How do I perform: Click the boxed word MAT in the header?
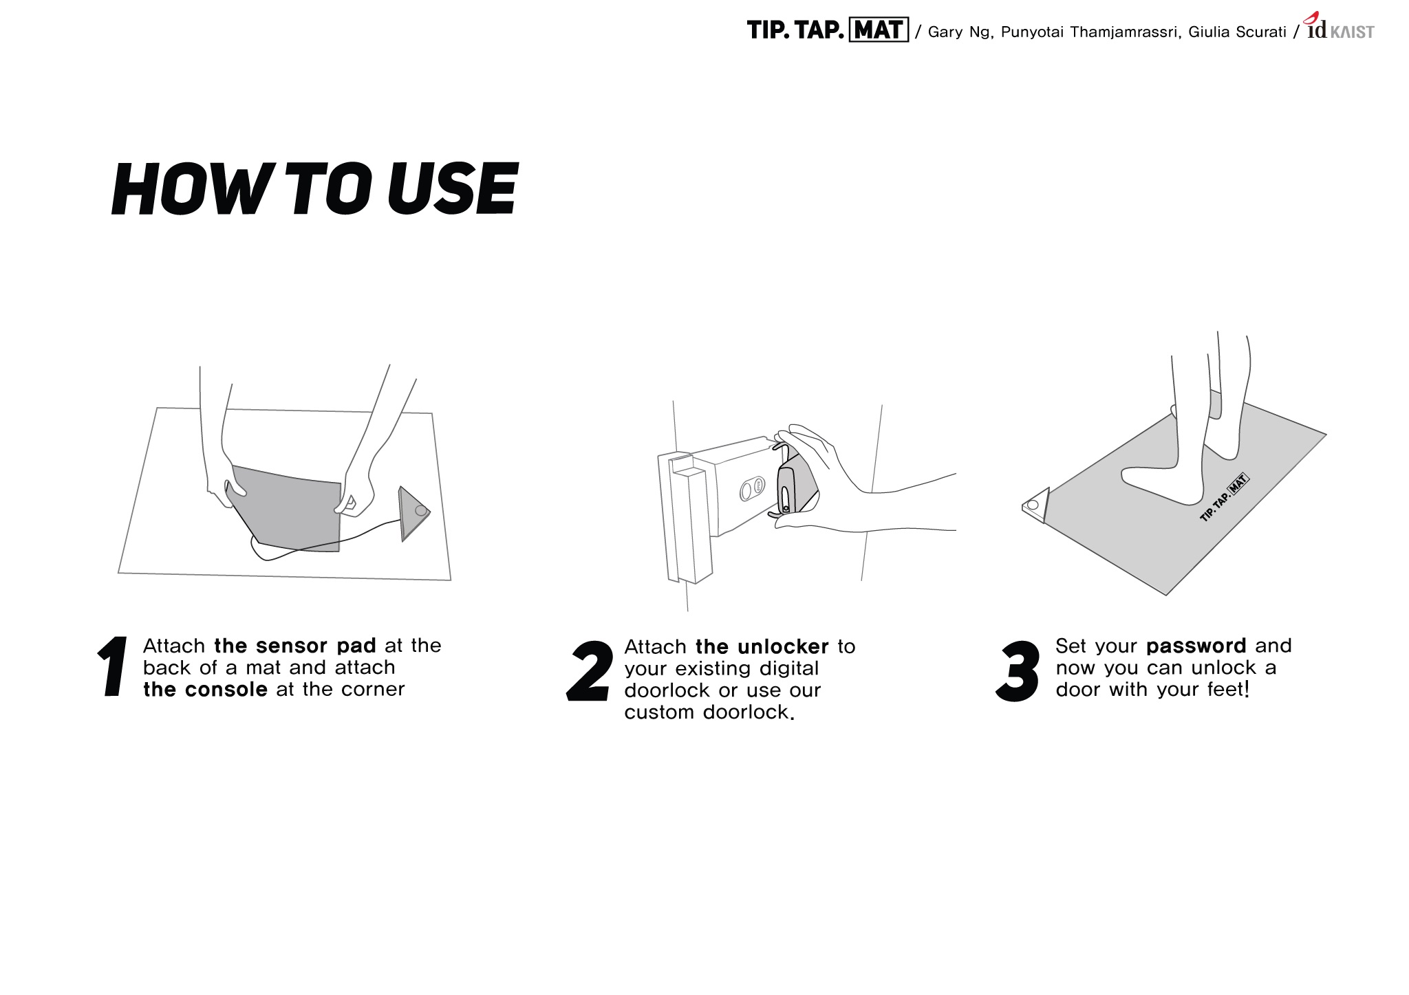[879, 31]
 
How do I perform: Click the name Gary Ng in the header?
[959, 32]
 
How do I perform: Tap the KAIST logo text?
[1352, 32]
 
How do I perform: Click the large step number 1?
[114, 666]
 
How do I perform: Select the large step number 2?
[590, 672]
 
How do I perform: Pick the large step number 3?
[1018, 672]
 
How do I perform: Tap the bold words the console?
[205, 690]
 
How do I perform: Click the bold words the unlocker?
[762, 647]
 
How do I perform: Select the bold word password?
[1196, 646]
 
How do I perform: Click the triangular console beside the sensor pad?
[413, 513]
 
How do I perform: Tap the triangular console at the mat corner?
[1037, 506]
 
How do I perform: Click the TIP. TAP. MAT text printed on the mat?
[1224, 498]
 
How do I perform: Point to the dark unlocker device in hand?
[790, 488]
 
